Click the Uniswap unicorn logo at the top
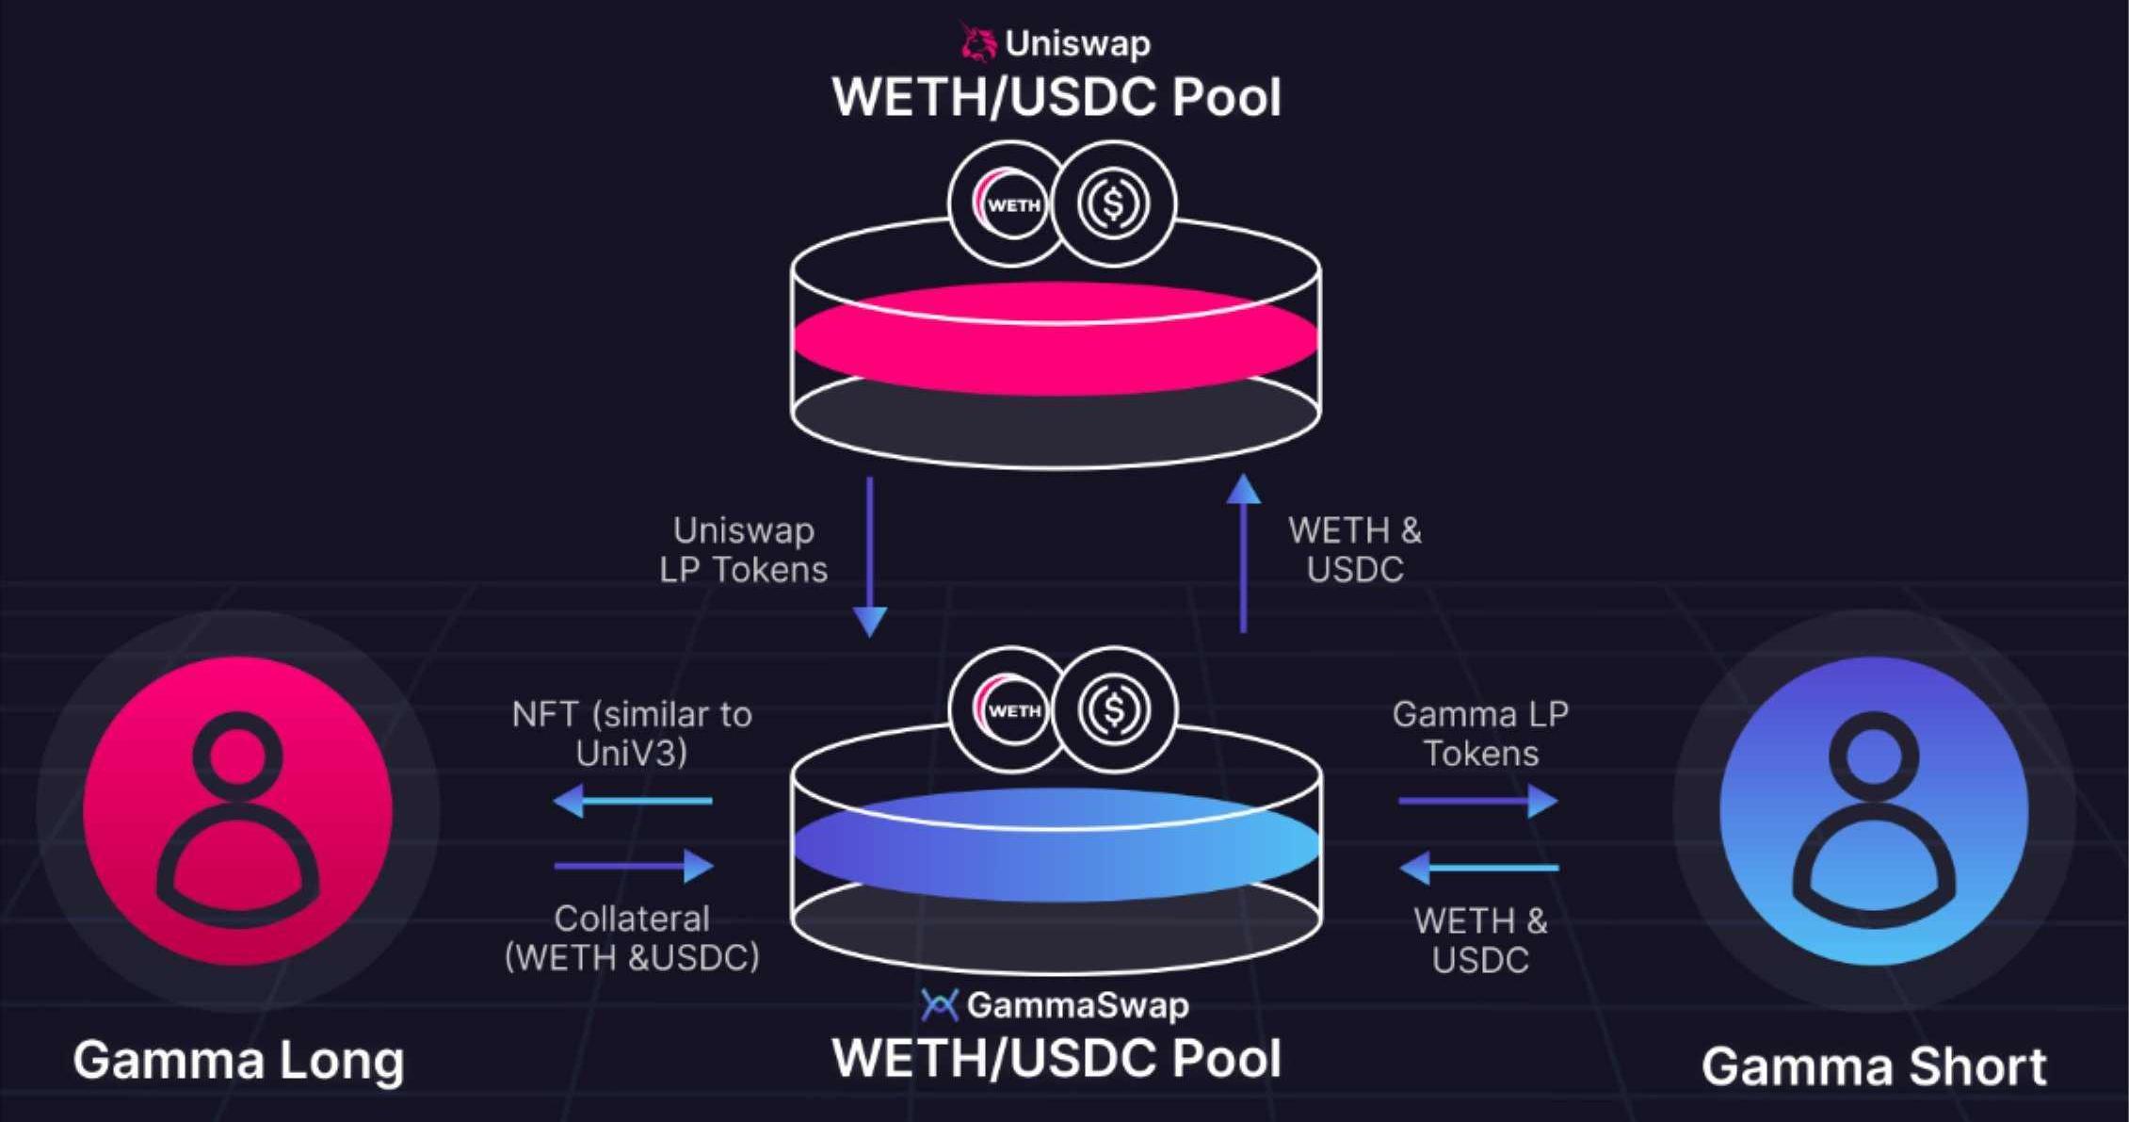coord(979,43)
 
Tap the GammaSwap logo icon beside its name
coord(939,1005)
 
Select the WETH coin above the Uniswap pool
coord(1009,204)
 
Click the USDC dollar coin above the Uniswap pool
coord(1114,203)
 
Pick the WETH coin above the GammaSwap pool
coord(1009,709)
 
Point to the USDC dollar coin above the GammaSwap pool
coord(1114,709)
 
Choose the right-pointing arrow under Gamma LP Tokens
coord(1478,802)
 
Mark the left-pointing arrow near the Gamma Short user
coord(1479,868)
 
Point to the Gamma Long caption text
coord(238,1062)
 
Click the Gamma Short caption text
coord(1874,1067)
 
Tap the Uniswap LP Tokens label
coord(744,550)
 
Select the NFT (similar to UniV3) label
coord(632,734)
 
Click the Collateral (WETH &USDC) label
coord(632,938)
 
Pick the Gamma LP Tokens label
coord(1480,734)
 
